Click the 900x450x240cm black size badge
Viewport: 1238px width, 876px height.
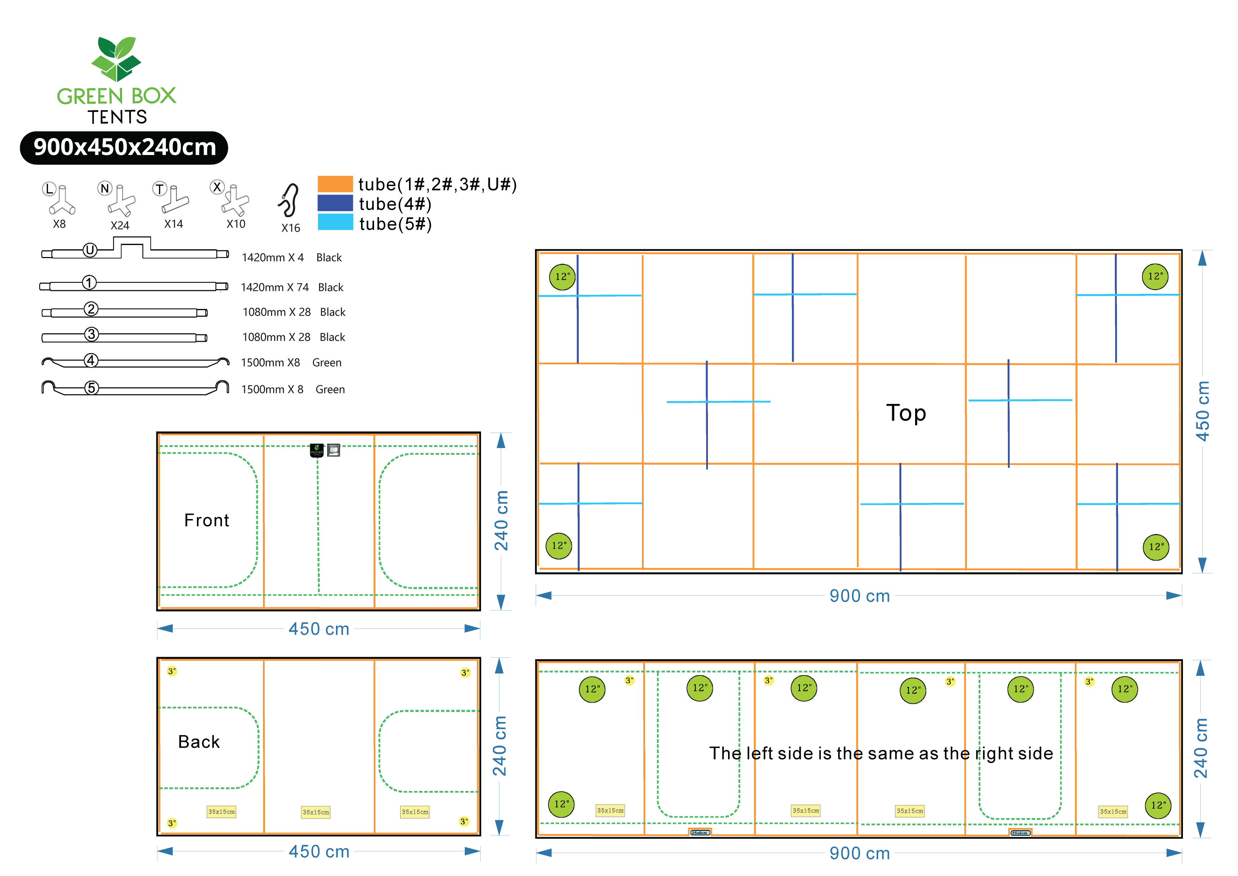124,147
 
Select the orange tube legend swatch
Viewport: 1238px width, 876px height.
335,184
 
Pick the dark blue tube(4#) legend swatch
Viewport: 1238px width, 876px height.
335,203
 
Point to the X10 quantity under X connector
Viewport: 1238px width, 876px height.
236,224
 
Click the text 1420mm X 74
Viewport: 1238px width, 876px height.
275,287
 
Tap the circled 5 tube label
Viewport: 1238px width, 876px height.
92,388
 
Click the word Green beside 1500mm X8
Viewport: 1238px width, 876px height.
327,363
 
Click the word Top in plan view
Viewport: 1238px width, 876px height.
906,413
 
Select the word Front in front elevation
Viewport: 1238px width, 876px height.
206,520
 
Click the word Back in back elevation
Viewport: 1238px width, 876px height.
199,742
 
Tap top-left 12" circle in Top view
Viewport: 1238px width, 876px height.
562,277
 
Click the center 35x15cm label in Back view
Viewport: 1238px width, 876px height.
315,812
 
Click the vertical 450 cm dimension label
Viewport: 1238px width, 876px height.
1202,411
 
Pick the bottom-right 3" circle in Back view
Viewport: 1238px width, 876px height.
464,822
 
